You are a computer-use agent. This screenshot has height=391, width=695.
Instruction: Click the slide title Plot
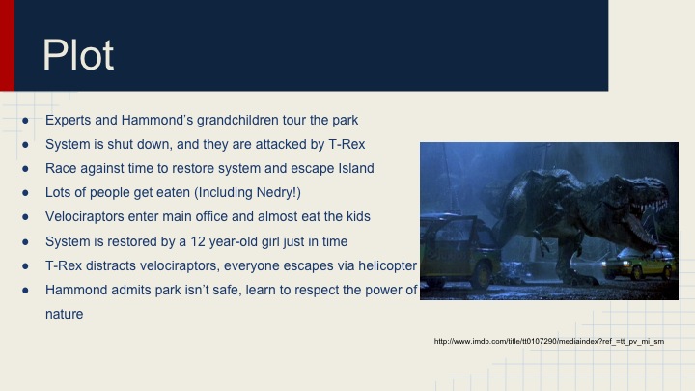coord(78,55)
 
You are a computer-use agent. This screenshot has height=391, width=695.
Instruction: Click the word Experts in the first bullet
coord(68,121)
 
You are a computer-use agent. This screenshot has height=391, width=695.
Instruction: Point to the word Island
coord(353,169)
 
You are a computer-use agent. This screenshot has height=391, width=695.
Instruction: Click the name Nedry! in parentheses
coord(274,193)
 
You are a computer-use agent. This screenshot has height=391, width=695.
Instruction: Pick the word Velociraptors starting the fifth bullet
coord(87,217)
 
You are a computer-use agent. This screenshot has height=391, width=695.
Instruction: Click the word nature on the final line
coord(65,314)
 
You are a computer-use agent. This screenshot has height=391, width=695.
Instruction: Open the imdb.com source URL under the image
coord(548,341)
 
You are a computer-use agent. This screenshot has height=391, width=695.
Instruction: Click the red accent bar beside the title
coord(7,45)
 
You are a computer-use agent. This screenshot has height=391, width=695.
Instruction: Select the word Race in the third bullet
coord(61,169)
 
